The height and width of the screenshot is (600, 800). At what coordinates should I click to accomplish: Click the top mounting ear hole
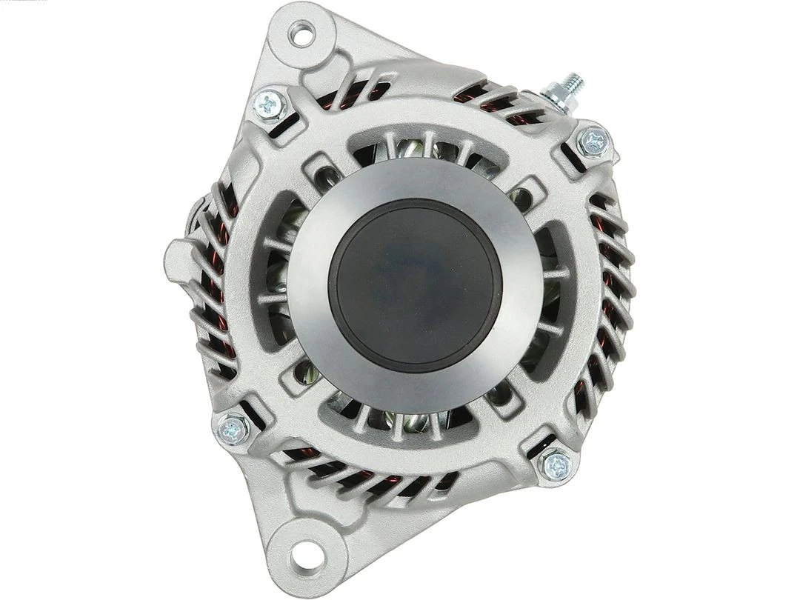coord(301,33)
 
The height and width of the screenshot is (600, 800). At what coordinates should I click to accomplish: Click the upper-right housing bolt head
coord(593,141)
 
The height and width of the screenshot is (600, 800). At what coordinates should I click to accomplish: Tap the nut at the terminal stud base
coord(556,96)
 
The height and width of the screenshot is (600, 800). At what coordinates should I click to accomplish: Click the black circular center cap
coord(415,285)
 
